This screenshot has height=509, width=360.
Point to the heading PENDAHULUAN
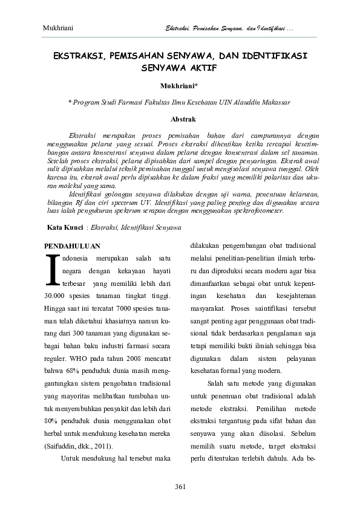73,246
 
